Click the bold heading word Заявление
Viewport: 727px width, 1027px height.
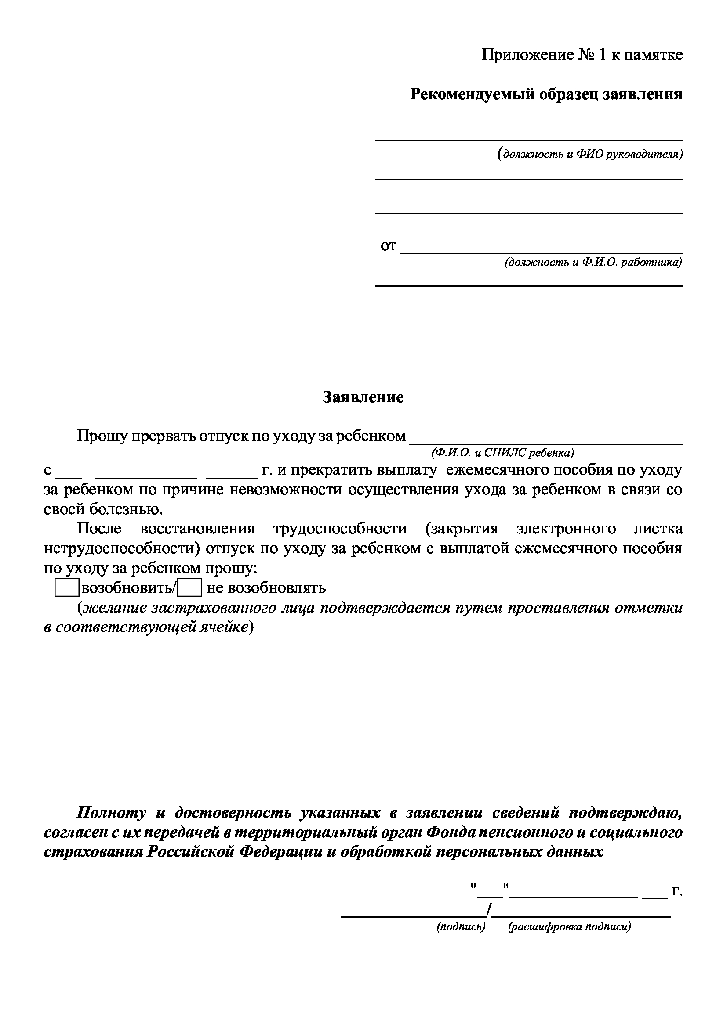pos(363,397)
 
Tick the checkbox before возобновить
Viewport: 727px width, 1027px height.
pos(67,588)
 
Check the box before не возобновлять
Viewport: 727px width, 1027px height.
pos(189,588)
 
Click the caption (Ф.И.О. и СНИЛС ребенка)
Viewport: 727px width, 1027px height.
pos(502,453)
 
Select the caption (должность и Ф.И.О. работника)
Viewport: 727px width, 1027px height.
pos(593,263)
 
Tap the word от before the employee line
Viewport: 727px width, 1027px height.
pos(388,245)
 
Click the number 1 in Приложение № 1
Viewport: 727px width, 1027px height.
pos(602,55)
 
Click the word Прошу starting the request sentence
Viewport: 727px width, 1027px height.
pos(99,436)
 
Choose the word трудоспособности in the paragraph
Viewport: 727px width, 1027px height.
pos(340,529)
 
